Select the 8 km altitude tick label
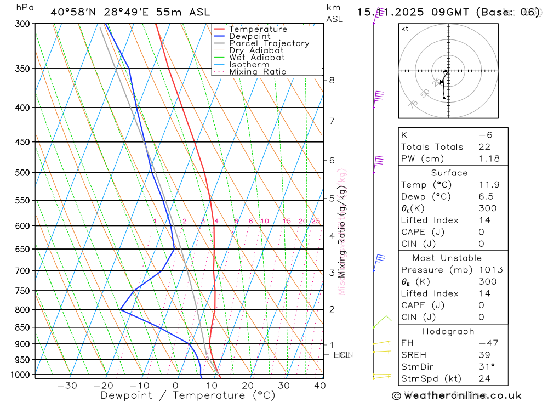pos(332,80)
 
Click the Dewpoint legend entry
pos(249,36)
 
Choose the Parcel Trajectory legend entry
pos(269,43)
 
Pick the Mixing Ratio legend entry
pos(258,72)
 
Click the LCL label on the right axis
pos(342,355)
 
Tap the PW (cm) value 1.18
pos(489,158)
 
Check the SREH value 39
pos(484,355)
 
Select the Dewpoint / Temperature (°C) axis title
pos(188,395)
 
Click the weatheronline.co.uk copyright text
pos(456,395)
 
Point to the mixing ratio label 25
pos(316,221)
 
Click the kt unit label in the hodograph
pos(405,29)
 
